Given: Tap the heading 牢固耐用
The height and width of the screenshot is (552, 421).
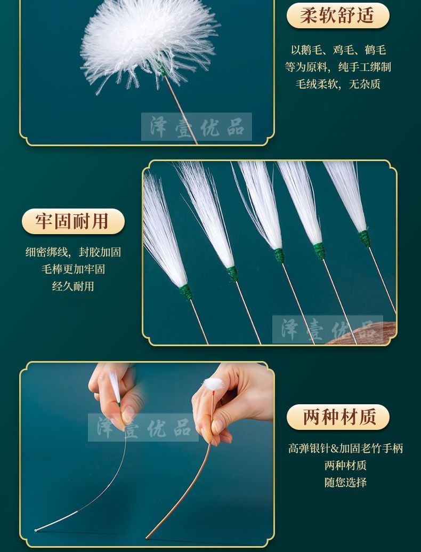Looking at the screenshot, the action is click(x=73, y=221).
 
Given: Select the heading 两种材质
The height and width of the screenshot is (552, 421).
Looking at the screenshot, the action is click(x=338, y=417).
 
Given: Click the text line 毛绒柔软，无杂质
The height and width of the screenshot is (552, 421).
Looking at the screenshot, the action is click(x=338, y=84).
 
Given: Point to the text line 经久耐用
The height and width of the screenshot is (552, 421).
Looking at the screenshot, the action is click(x=73, y=286).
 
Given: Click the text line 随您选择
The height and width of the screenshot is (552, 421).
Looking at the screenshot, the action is click(x=345, y=482).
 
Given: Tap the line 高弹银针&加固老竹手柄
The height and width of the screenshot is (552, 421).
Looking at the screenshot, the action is click(x=345, y=448).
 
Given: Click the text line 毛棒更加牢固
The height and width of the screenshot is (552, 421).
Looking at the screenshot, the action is click(x=73, y=269).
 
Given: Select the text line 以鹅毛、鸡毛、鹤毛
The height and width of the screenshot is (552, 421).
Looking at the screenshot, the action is click(x=338, y=50).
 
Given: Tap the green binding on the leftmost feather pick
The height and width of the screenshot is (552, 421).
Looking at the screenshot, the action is click(x=185, y=292).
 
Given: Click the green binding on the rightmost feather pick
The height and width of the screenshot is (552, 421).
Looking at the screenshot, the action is click(x=365, y=238).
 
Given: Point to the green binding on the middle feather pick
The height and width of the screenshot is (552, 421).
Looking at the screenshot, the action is click(x=279, y=255).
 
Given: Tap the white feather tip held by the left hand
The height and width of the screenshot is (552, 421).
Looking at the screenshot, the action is click(x=115, y=386).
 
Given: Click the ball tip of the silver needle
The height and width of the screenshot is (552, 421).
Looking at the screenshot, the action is click(x=36, y=530).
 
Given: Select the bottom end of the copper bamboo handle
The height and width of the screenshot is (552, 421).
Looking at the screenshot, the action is click(x=147, y=538).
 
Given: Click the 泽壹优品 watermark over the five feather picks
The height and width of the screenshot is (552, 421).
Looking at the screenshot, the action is click(x=327, y=330).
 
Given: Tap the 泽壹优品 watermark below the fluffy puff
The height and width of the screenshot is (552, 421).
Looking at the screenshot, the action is click(x=197, y=127).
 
